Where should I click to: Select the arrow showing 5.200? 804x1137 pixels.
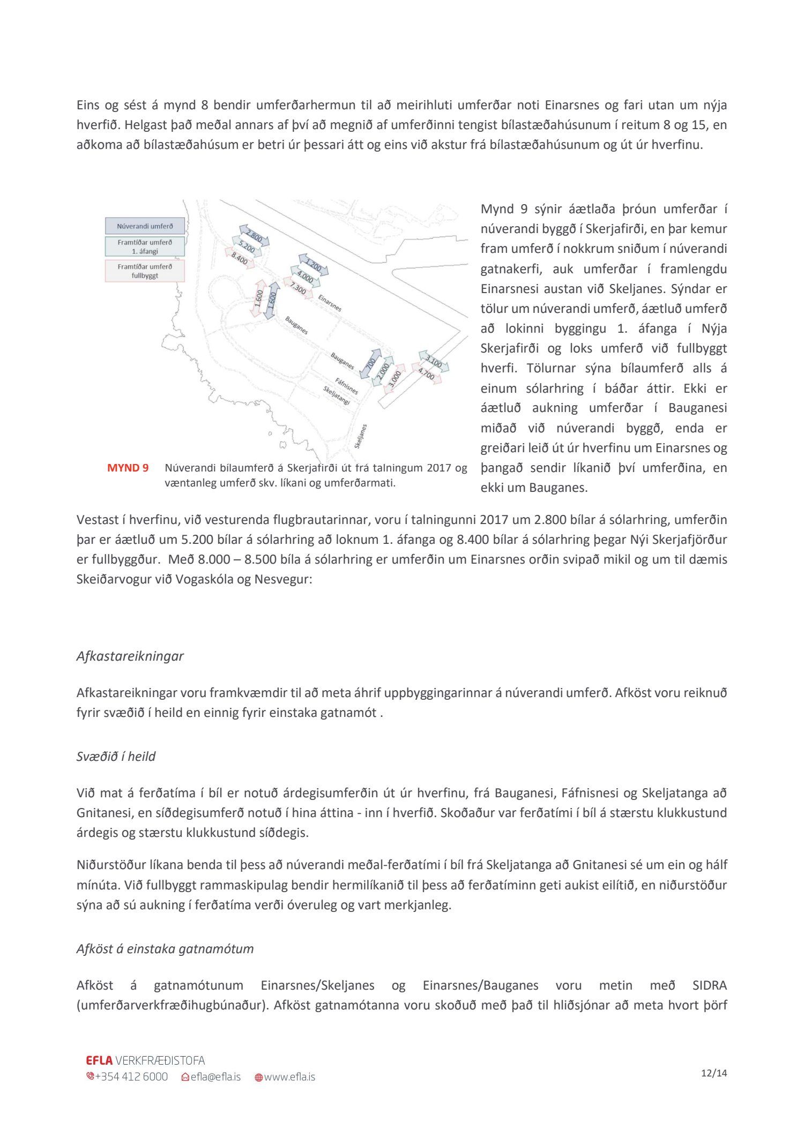[247, 247]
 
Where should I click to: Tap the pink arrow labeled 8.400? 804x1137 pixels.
[239, 258]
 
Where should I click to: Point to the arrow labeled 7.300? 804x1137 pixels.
[297, 289]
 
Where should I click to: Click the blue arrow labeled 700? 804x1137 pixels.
[370, 364]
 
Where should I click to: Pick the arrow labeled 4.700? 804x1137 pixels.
[427, 373]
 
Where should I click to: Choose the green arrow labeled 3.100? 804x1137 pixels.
[434, 362]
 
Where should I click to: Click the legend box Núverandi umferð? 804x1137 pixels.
[145, 226]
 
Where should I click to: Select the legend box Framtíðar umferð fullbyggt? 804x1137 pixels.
[145, 271]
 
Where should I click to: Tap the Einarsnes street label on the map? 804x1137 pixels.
[330, 303]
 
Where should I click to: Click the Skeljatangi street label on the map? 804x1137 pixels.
[337, 395]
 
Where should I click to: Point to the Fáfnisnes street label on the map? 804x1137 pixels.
[346, 385]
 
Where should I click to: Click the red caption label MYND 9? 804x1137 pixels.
[128, 468]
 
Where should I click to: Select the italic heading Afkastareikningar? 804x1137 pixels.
[130, 656]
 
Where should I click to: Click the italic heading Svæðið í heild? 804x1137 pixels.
[116, 756]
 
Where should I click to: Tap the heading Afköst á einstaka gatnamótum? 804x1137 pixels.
[165, 948]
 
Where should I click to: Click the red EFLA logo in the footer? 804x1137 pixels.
[99, 1060]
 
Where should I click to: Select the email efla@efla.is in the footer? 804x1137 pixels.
[211, 1076]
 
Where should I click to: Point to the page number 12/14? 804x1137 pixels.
[714, 1073]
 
